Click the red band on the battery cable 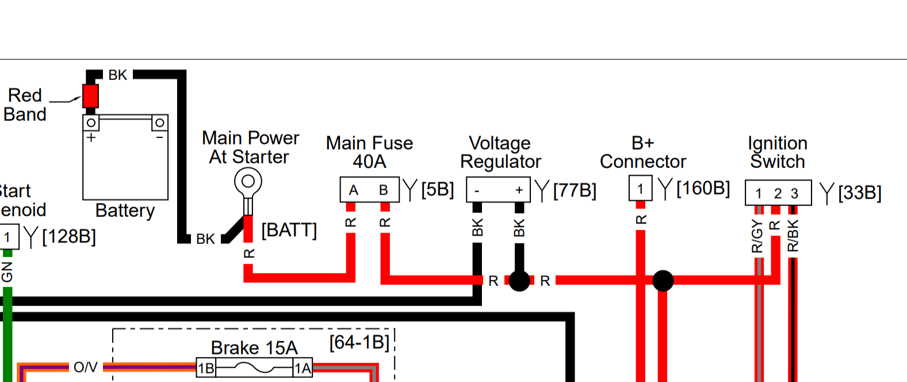click(90, 96)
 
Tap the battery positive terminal click(91, 123)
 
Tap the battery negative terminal click(160, 123)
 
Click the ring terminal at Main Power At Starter click(248, 182)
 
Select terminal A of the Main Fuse click(354, 190)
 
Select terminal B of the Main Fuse click(384, 190)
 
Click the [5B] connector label click(437, 189)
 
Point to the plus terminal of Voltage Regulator click(519, 190)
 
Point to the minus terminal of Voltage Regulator click(477, 190)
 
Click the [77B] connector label click(575, 190)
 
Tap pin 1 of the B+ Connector click(640, 189)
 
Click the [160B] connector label click(703, 188)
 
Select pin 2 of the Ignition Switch click(778, 193)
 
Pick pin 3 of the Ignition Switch click(794, 193)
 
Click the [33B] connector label click(859, 193)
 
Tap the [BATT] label click(289, 230)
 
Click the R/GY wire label click(757, 236)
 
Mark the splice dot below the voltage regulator click(519, 281)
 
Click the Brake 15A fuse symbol click(255, 368)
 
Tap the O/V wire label click(85, 367)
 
